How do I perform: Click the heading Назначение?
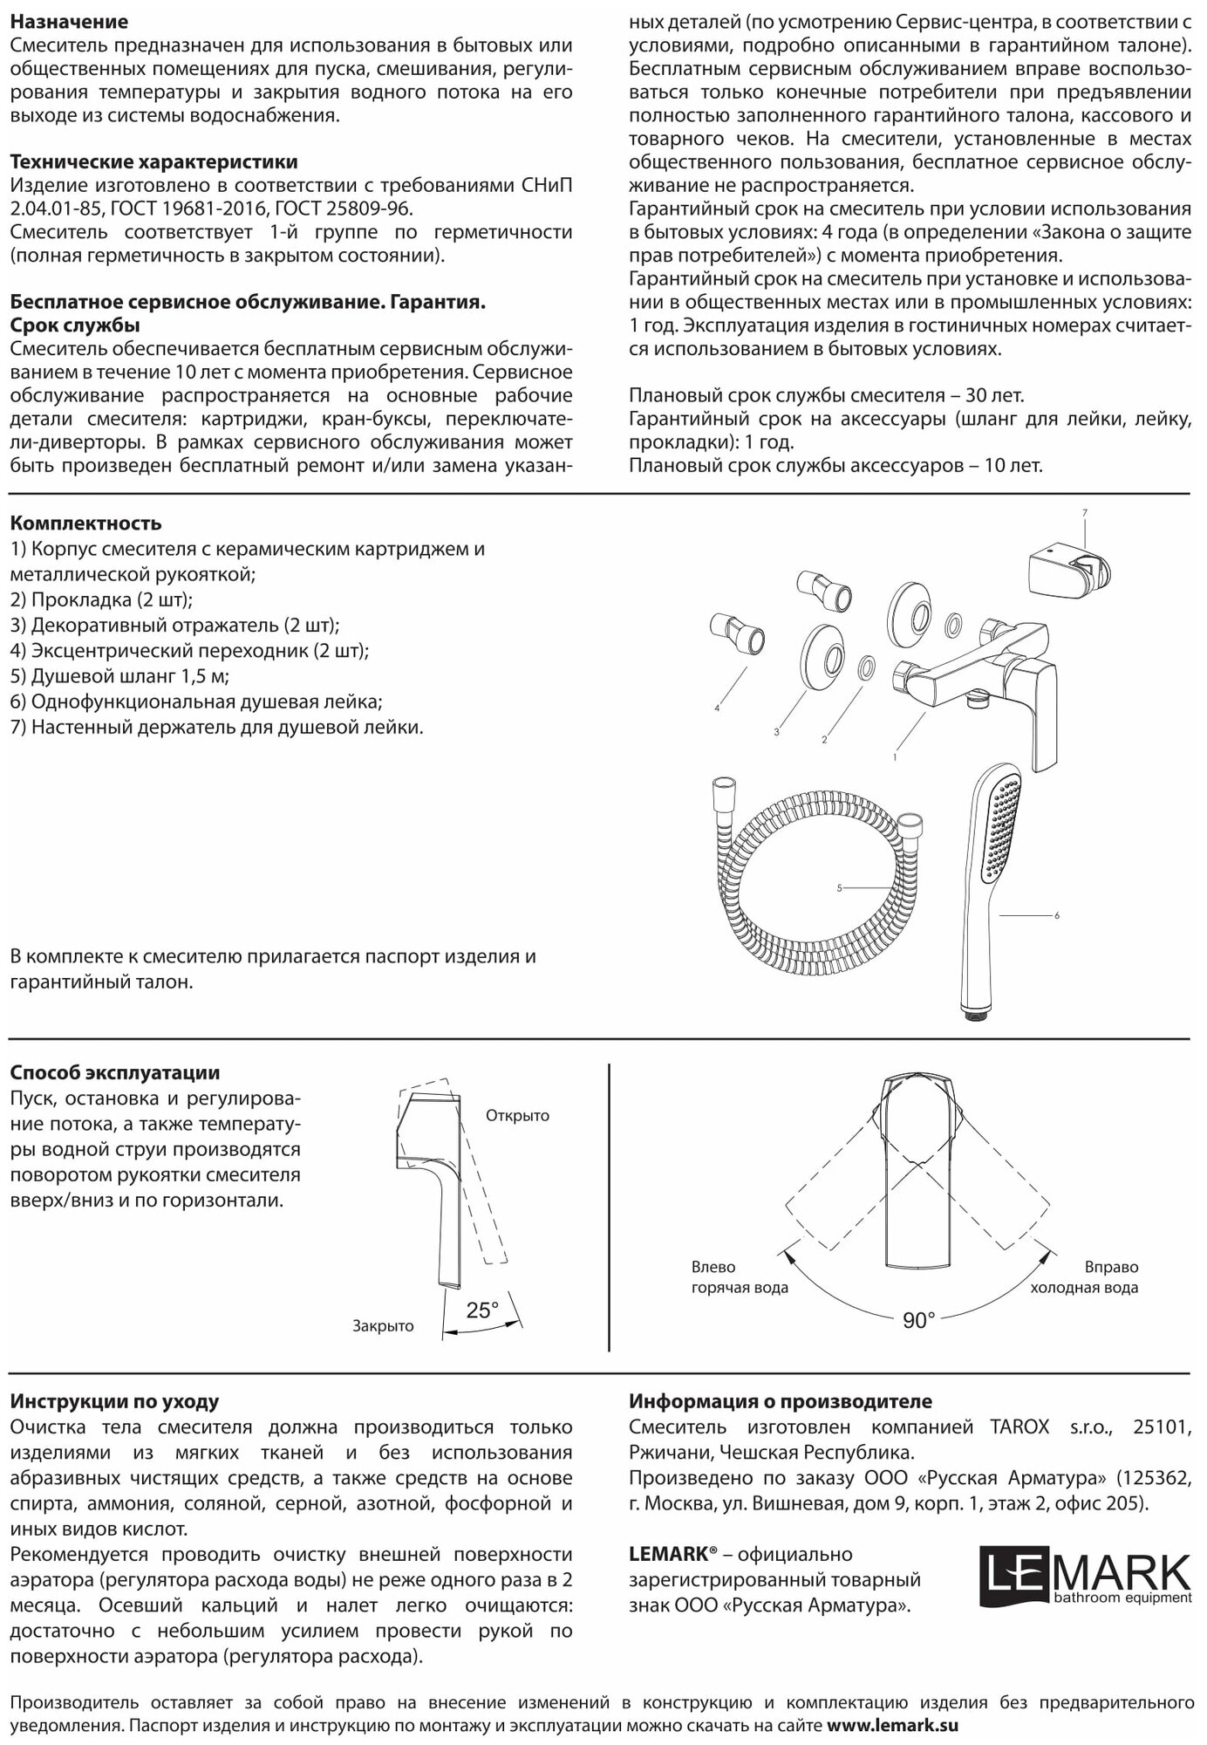(69, 22)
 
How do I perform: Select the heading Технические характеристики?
(153, 162)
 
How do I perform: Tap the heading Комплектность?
(85, 523)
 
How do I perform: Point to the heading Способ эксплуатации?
(114, 1072)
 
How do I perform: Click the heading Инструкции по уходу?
(114, 1402)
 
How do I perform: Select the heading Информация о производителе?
(780, 1402)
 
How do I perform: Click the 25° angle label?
(482, 1310)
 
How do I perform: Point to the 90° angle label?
(918, 1321)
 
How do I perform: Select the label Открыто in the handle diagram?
(517, 1116)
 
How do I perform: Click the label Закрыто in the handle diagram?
(383, 1326)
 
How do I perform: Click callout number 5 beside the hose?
(839, 888)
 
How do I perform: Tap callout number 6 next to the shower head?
(1057, 915)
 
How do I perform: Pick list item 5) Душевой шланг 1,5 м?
(120, 676)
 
